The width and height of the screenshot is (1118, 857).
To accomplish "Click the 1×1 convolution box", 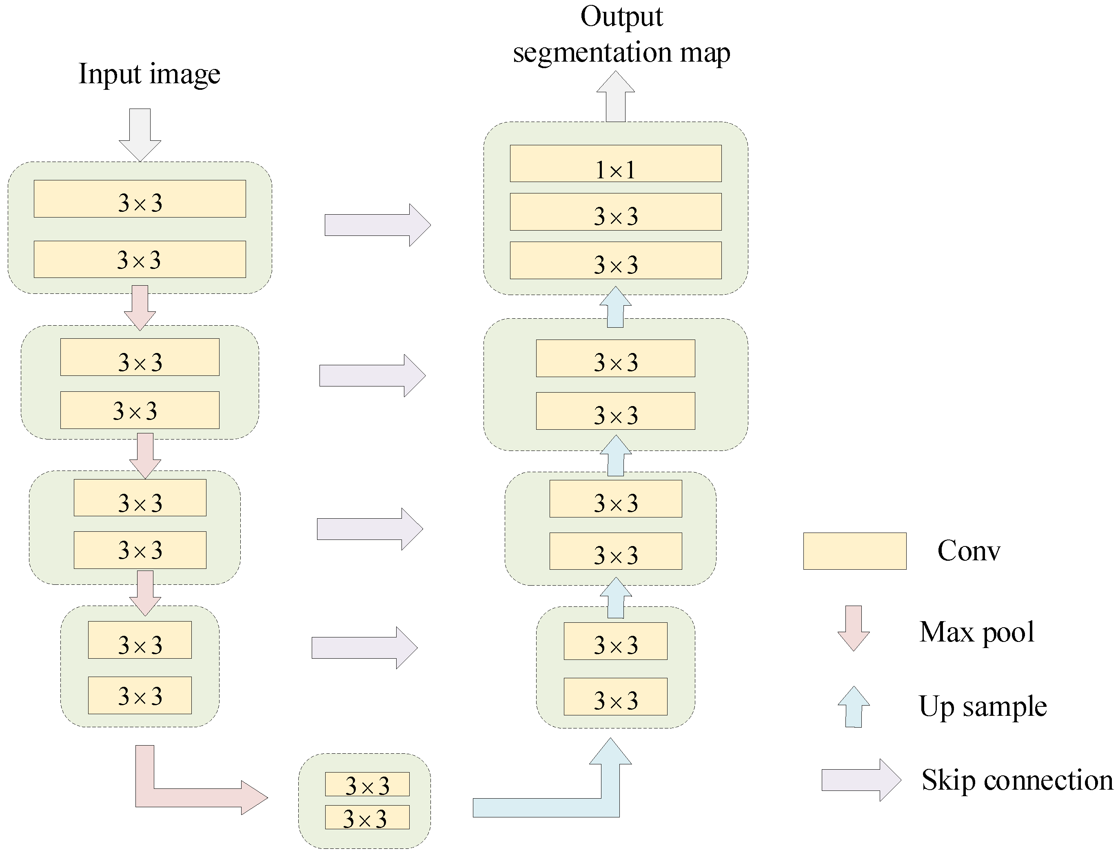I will (615, 164).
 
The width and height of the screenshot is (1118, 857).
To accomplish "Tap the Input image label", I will (149, 73).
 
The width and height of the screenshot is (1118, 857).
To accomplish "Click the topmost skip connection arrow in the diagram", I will (377, 225).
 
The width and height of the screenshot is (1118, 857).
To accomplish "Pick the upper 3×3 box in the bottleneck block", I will (367, 784).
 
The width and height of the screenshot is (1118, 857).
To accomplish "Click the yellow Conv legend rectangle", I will (854, 551).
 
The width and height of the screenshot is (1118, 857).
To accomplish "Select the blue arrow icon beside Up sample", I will (853, 706).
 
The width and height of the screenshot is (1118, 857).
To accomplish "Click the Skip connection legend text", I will (1016, 780).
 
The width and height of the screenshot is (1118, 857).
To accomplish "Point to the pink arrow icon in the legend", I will (853, 628).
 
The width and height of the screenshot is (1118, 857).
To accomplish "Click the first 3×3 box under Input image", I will (140, 199).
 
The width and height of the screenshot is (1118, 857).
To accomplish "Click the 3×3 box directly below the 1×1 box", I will (615, 212).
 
